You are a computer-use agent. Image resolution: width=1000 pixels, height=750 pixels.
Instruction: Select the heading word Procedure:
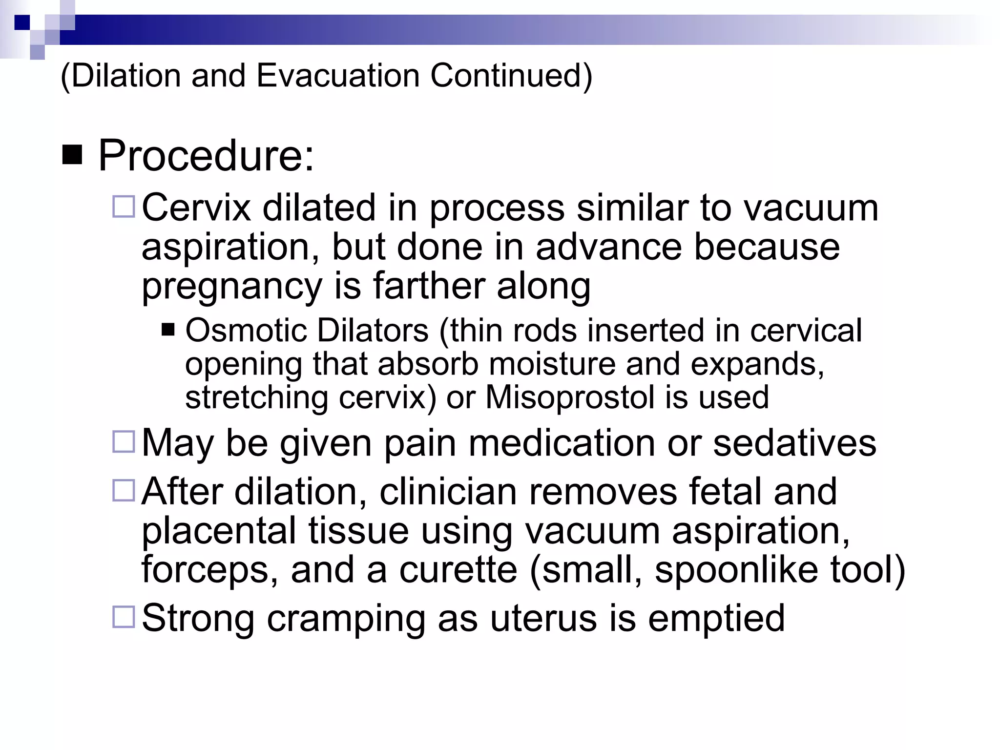pos(206,156)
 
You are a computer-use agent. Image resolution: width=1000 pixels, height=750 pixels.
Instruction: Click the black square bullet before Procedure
pos(72,156)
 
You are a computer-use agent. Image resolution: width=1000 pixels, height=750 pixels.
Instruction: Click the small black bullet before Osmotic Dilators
pos(168,331)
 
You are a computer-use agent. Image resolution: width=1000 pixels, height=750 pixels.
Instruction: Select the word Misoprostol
pos(569,397)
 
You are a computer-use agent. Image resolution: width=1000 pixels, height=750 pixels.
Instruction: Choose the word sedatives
pos(794,443)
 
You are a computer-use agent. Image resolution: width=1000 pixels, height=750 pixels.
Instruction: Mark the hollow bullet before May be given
pos(124,442)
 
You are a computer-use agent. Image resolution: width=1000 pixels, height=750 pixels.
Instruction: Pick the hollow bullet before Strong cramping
pos(124,617)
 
